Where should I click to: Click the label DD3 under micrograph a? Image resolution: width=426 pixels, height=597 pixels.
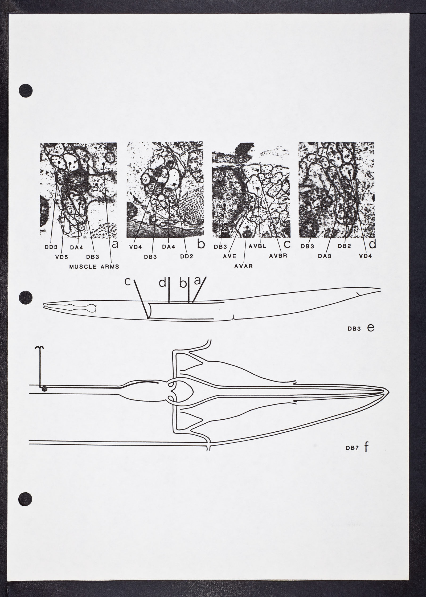51,247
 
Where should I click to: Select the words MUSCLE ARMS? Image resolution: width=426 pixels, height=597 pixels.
94,267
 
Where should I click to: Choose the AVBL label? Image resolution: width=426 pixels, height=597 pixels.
257,247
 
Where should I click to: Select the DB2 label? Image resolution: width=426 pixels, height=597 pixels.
345,247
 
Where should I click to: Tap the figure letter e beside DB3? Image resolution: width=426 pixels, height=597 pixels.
371,328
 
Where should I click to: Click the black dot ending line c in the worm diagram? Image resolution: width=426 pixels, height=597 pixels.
148,317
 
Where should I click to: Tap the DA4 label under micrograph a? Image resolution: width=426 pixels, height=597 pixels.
77,247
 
